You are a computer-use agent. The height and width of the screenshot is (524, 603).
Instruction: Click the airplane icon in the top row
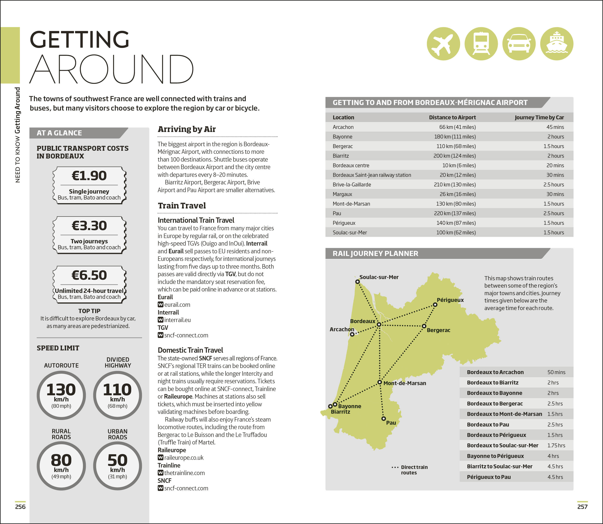tap(443, 44)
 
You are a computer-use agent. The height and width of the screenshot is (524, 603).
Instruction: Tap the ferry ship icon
tap(557, 44)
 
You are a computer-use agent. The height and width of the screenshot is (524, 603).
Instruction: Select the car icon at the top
tap(519, 44)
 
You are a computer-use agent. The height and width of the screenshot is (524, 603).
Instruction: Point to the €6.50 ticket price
tap(89, 275)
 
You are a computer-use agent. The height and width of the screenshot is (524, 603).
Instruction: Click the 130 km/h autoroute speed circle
tap(61, 395)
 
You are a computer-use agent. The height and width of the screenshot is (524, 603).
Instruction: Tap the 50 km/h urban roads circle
tap(117, 466)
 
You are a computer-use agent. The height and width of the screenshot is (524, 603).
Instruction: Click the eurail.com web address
tap(177, 305)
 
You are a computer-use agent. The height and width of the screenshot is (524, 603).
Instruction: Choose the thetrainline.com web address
tap(184, 473)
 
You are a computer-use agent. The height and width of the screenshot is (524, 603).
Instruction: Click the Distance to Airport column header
tap(452, 117)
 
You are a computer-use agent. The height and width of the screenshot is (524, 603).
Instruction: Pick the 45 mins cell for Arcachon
tap(555, 127)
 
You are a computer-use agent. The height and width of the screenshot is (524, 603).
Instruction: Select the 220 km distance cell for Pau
tap(455, 213)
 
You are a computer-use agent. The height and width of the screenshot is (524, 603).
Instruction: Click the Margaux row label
tap(342, 194)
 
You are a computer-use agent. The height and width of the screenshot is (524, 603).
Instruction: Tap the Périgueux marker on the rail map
tap(435, 305)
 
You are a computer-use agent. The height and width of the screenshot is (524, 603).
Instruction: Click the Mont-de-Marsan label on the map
tap(405, 383)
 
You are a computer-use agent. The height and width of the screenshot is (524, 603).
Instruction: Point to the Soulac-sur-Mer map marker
tap(357, 282)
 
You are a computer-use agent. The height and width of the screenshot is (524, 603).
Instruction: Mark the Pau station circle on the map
tap(384, 419)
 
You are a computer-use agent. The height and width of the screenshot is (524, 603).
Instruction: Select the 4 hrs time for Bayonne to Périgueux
tap(553, 456)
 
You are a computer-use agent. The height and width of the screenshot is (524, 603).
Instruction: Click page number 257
tap(582, 507)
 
